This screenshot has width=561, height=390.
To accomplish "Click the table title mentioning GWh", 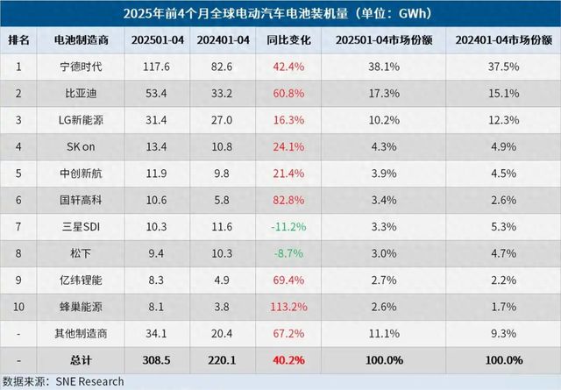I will (x=280, y=14).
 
